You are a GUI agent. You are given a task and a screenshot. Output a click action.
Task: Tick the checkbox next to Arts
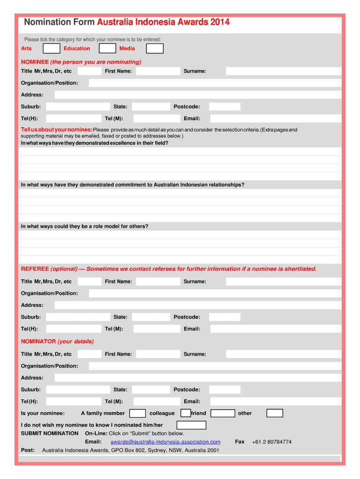(x=51, y=49)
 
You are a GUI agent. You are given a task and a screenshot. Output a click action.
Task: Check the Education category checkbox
(x=108, y=49)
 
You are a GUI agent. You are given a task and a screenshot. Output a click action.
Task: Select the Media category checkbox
(x=155, y=49)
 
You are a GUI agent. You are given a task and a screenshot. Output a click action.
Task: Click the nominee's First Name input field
(x=158, y=71)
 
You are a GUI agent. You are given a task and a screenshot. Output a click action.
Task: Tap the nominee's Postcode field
(x=224, y=107)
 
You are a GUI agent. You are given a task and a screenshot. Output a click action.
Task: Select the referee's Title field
(x=89, y=282)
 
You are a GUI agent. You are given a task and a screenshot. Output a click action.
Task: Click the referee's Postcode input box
(x=224, y=317)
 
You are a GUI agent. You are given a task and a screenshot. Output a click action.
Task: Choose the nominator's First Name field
(x=158, y=354)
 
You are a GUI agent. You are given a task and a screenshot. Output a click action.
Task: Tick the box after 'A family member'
(x=137, y=413)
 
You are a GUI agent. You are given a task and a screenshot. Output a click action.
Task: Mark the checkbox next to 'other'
(x=274, y=413)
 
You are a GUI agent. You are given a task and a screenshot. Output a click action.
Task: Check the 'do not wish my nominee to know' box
(x=191, y=425)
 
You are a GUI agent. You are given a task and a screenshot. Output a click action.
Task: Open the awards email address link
(x=165, y=442)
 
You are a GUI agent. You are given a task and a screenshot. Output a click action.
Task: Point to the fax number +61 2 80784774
(x=272, y=442)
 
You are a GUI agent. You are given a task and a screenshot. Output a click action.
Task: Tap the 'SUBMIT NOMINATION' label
(x=50, y=434)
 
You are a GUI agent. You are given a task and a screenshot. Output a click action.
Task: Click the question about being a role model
(x=85, y=226)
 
